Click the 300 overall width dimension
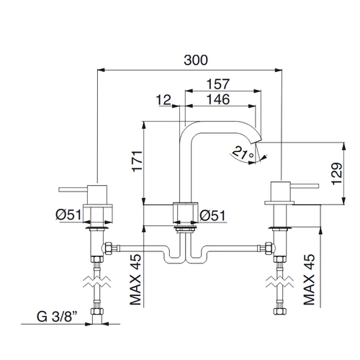pyautogui.click(x=196, y=60)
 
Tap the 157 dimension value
pyautogui.click(x=218, y=84)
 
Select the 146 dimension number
pyautogui.click(x=218, y=99)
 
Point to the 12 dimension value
pyautogui.click(x=163, y=100)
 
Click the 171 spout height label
pyautogui.click(x=138, y=161)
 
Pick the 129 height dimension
pyautogui.click(x=336, y=174)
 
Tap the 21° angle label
pyautogui.click(x=243, y=153)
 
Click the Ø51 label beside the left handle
pyautogui.click(x=68, y=215)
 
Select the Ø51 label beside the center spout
pyautogui.click(x=212, y=215)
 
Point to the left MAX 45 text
pyautogui.click(x=135, y=279)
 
